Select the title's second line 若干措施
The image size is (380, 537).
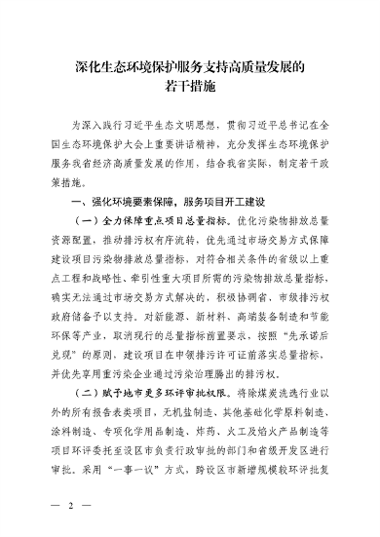(190, 92)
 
